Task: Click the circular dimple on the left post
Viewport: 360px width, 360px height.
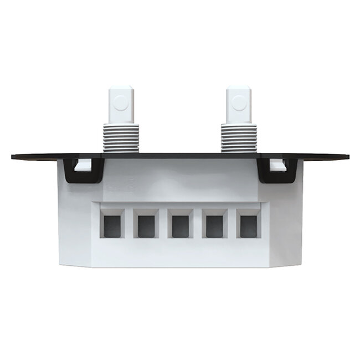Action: (122, 102)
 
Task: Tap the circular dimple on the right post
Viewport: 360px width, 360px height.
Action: (239, 102)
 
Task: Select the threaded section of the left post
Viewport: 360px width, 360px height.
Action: (121, 137)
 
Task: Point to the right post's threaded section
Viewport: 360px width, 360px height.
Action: (238, 137)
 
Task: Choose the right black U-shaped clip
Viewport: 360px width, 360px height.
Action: (276, 176)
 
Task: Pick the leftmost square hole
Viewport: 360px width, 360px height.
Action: (112, 225)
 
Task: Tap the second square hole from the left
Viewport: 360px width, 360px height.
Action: (146, 225)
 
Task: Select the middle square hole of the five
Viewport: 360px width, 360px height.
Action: (181, 225)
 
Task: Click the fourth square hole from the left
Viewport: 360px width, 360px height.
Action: (214, 225)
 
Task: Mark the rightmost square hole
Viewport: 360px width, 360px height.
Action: (249, 225)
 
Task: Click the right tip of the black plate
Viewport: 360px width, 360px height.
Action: (347, 156)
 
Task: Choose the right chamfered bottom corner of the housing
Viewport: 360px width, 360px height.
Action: (285, 260)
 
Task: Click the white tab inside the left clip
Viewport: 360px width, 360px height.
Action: (84, 164)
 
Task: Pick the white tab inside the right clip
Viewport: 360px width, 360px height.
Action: (277, 164)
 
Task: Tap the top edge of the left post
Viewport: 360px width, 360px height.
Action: (121, 86)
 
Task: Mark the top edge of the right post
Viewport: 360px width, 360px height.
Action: (238, 86)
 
